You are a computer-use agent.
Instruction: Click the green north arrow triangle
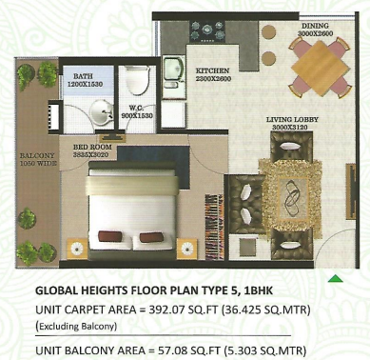click(x=334, y=279)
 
